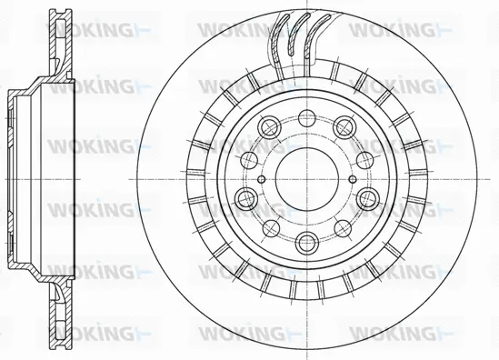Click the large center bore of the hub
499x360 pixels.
[304, 178]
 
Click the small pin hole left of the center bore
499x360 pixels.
[262, 178]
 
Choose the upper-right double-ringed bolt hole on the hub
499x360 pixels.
[343, 128]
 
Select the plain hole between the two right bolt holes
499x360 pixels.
[364, 159]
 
